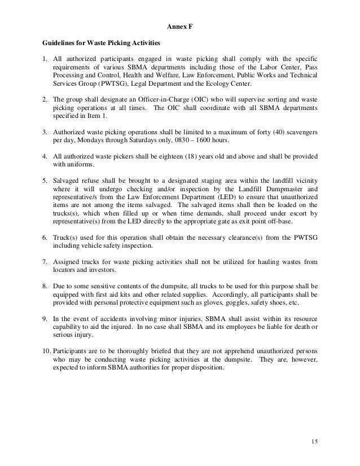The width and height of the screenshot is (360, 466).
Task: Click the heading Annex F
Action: [179, 26]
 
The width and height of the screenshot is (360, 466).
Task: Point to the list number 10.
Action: [47, 352]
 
